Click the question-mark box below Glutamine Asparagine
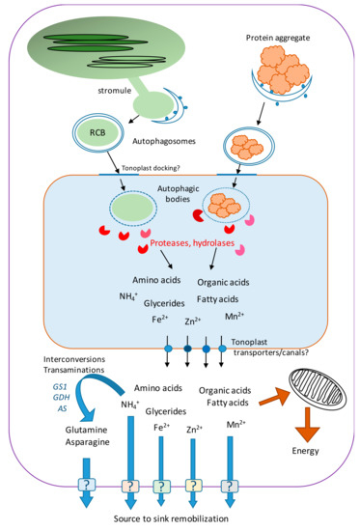pyautogui.click(x=88, y=489)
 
